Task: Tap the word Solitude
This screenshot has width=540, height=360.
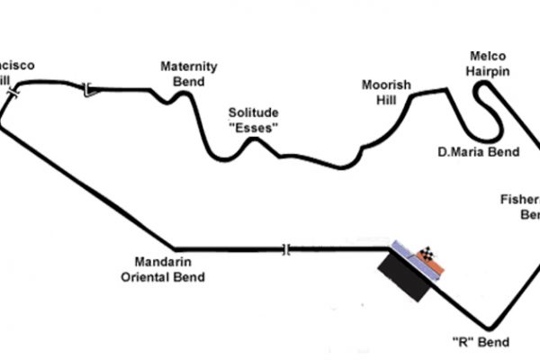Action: pos(253,112)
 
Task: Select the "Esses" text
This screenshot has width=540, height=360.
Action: pos(253,127)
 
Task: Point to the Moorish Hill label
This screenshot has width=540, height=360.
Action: pos(386,92)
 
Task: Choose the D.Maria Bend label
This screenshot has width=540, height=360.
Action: pos(478,151)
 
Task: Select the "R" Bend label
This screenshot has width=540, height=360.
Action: pos(481,342)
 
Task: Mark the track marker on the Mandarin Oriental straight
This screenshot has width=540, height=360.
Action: pos(287,249)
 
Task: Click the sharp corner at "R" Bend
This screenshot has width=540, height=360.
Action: pos(489,328)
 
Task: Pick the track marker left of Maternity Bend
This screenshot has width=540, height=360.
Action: pos(87,88)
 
